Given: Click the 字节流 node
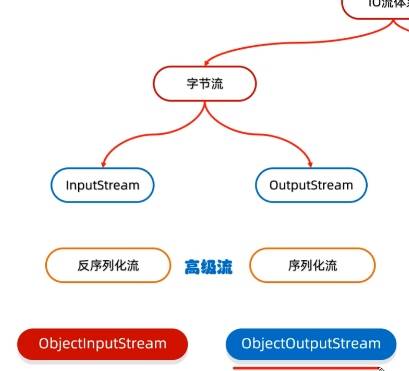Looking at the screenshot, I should point(205,83).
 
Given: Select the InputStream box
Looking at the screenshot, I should point(103,185).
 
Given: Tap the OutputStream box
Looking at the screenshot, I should point(311,185).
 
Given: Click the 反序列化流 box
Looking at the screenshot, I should point(108,265).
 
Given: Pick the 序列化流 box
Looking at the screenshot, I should point(312,265).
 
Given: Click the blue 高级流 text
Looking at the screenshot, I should point(209,267).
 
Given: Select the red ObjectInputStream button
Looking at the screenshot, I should point(103,344).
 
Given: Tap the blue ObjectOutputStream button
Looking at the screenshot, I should point(311,344).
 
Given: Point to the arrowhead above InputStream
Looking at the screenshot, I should point(103,164).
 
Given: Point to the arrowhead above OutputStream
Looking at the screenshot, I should point(310,164).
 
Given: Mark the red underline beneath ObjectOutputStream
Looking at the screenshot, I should point(304,368).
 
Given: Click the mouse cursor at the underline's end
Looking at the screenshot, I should point(381,369).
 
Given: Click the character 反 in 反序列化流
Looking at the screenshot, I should point(84,265).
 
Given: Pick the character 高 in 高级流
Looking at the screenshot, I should point(192,267).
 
